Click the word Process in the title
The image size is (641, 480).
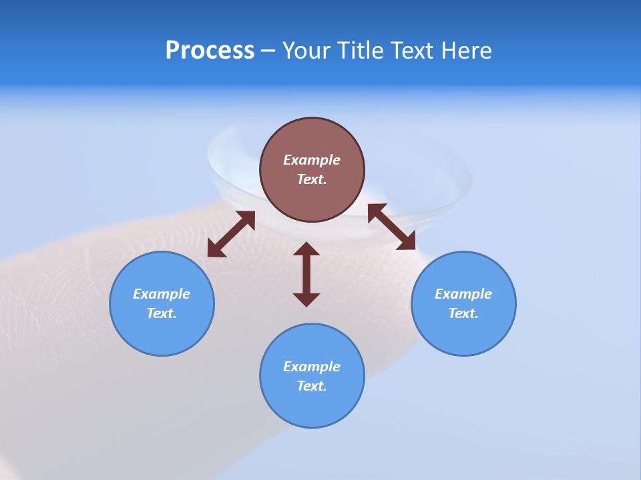(x=210, y=51)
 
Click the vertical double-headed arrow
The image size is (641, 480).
(x=306, y=274)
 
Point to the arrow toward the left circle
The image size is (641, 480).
(x=231, y=234)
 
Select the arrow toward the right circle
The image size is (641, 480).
(x=391, y=227)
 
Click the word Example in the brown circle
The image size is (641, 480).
(x=312, y=160)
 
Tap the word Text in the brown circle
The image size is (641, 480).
(x=312, y=179)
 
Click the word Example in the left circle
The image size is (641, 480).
(x=162, y=294)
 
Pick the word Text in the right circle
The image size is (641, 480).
(x=463, y=313)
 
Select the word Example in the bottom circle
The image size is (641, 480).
(x=312, y=367)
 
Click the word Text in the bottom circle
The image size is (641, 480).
(x=312, y=386)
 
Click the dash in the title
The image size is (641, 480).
(x=268, y=51)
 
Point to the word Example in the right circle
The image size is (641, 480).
(x=463, y=294)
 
